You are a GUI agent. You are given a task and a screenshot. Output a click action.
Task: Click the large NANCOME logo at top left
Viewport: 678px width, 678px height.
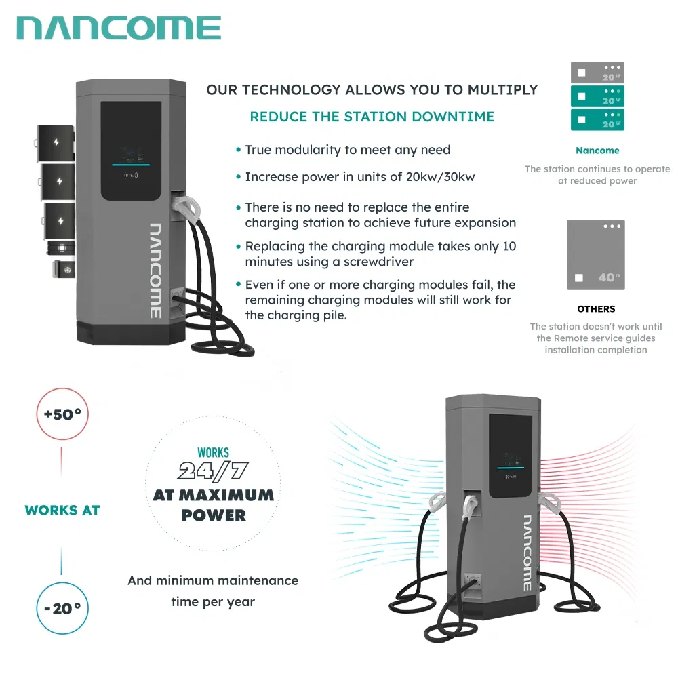[x=119, y=28]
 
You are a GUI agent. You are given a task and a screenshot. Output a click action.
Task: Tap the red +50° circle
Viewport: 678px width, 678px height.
[x=62, y=414]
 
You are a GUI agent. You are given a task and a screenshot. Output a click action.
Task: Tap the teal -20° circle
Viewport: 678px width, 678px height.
[x=62, y=608]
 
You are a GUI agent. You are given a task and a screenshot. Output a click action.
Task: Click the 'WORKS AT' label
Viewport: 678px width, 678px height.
[x=62, y=510]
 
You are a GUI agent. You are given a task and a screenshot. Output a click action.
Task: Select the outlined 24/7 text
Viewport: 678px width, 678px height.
[x=213, y=471]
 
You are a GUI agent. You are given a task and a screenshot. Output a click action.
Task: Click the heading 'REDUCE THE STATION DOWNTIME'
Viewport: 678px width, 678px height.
[x=372, y=117]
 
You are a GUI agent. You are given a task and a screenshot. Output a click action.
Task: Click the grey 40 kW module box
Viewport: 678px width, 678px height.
[x=596, y=255]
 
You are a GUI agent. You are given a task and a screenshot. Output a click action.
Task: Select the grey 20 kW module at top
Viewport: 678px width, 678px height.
[x=597, y=73]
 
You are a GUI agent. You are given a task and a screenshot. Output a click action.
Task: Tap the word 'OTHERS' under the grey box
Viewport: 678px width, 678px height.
[x=596, y=309]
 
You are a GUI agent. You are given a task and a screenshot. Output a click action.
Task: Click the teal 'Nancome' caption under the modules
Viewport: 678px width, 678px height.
[x=597, y=151]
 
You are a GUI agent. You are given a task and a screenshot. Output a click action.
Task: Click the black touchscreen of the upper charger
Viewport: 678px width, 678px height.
[x=132, y=151]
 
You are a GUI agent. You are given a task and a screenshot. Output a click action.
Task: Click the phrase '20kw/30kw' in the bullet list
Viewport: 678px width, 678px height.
[x=437, y=177]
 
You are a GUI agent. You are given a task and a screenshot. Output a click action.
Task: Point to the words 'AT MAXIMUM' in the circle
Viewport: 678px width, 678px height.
[x=213, y=494]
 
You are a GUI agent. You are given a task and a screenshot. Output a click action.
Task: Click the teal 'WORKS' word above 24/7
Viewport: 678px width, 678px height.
[x=213, y=452]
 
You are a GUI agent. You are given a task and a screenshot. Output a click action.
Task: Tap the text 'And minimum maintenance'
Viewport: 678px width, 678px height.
[x=213, y=580]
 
